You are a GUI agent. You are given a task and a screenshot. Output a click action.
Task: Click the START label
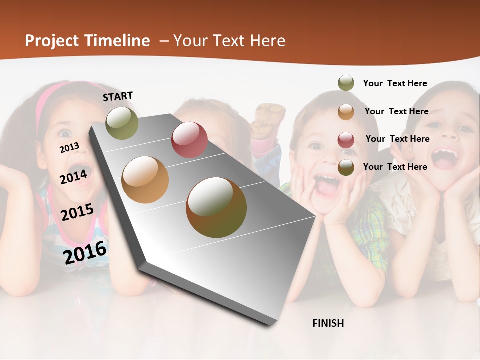point(118,96)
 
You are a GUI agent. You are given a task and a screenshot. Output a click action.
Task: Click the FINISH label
point(328,323)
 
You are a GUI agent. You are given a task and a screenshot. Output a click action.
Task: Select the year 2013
point(69,147)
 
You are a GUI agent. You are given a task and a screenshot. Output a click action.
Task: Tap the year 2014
point(73,177)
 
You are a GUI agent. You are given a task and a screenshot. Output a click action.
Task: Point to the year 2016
point(85,252)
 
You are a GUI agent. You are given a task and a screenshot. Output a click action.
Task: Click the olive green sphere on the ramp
point(122,123)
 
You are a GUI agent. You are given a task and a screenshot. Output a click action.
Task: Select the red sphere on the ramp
point(189,140)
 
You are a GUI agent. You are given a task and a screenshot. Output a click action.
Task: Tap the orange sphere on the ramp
point(145,180)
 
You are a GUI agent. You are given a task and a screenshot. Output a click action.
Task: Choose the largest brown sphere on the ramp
point(216,207)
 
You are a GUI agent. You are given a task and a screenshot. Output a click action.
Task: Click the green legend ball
point(346,83)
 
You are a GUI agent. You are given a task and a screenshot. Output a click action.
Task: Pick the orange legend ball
point(346,111)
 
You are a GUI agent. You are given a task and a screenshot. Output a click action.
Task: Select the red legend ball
point(346,139)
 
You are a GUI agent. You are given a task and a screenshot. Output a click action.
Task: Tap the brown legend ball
point(346,167)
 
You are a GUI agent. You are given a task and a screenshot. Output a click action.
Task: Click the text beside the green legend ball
point(395,84)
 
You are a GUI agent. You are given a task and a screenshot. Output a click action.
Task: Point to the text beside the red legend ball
point(397,139)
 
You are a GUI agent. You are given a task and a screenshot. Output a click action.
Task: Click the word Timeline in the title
point(117,41)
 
